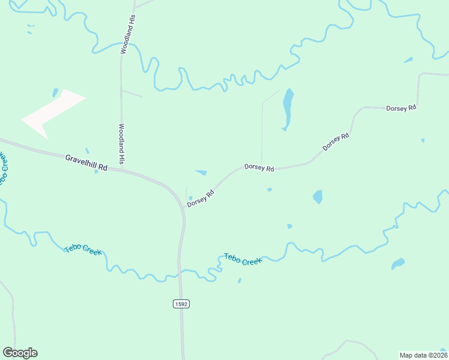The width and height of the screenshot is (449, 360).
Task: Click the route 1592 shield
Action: coord(181,304)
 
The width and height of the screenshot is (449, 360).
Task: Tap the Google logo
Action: coord(20,353)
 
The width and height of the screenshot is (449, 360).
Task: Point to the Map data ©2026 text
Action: coord(423,355)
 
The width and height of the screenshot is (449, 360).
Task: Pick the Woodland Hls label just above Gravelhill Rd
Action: coord(121,144)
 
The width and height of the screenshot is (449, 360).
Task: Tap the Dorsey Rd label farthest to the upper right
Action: coord(401,108)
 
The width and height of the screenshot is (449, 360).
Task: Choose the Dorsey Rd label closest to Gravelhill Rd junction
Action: coord(200,199)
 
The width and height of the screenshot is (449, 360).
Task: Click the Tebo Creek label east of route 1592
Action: coord(243,259)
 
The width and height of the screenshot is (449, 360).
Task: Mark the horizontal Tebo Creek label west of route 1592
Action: coord(83,250)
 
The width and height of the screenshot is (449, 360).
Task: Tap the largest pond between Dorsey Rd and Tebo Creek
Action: coord(318,197)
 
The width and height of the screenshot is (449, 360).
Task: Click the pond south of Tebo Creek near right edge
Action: coord(397,263)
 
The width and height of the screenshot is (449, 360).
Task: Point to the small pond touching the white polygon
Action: coord(55,93)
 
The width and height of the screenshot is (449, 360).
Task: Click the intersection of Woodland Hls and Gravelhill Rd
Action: coord(122,170)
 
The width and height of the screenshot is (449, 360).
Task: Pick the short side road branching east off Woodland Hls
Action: coord(132,93)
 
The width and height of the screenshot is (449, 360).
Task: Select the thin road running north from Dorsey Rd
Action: coord(262,132)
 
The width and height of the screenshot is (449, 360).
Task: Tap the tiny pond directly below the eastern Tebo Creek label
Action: coord(240,280)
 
